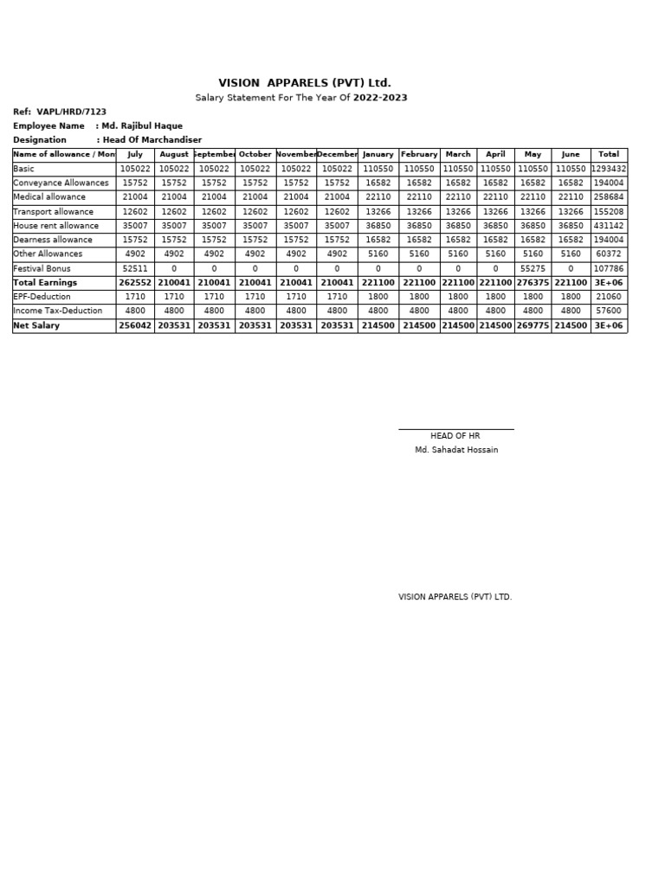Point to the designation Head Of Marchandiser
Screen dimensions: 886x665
coord(152,139)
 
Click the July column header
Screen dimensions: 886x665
coord(135,154)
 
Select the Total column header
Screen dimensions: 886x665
coord(609,154)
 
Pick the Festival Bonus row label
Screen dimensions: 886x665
coord(42,268)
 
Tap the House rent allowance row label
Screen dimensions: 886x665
coord(56,226)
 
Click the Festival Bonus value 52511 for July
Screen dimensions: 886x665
coord(135,268)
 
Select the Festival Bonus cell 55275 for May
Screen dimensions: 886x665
coord(533,268)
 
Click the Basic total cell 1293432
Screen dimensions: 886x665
coord(609,169)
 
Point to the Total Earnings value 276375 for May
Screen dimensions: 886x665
coord(533,282)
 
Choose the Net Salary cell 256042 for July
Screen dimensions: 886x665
coord(135,325)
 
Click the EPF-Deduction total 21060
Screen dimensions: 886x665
coord(609,297)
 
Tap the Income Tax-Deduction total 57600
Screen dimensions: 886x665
coord(609,311)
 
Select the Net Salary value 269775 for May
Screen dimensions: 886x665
coord(533,325)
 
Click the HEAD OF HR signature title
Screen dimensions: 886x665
coord(455,436)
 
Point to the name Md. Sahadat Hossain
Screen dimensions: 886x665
coord(456,450)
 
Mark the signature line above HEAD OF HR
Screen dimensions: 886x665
coord(455,428)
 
